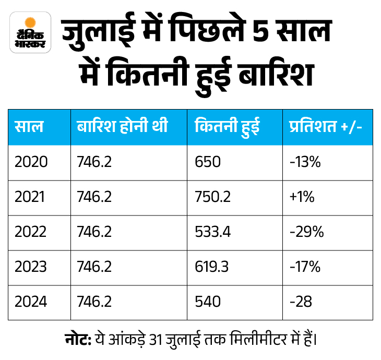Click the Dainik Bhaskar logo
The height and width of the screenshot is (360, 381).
click(x=30, y=32)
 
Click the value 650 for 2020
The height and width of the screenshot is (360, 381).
click(x=208, y=162)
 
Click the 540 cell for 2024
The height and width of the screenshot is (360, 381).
click(x=208, y=302)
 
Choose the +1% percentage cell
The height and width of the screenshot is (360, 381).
click(x=302, y=197)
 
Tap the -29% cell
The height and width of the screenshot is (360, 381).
click(x=306, y=232)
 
